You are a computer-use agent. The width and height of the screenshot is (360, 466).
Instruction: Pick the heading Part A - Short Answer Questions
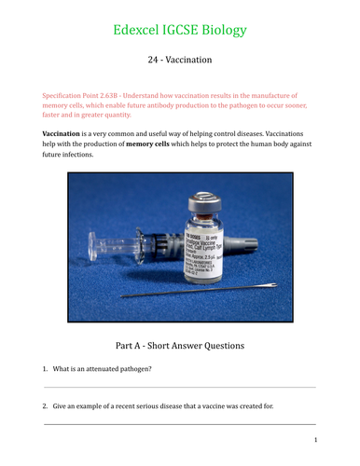click(x=180, y=345)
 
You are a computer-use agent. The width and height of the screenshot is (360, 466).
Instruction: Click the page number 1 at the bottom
click(x=315, y=440)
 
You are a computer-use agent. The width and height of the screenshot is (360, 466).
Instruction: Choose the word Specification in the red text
click(x=68, y=96)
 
